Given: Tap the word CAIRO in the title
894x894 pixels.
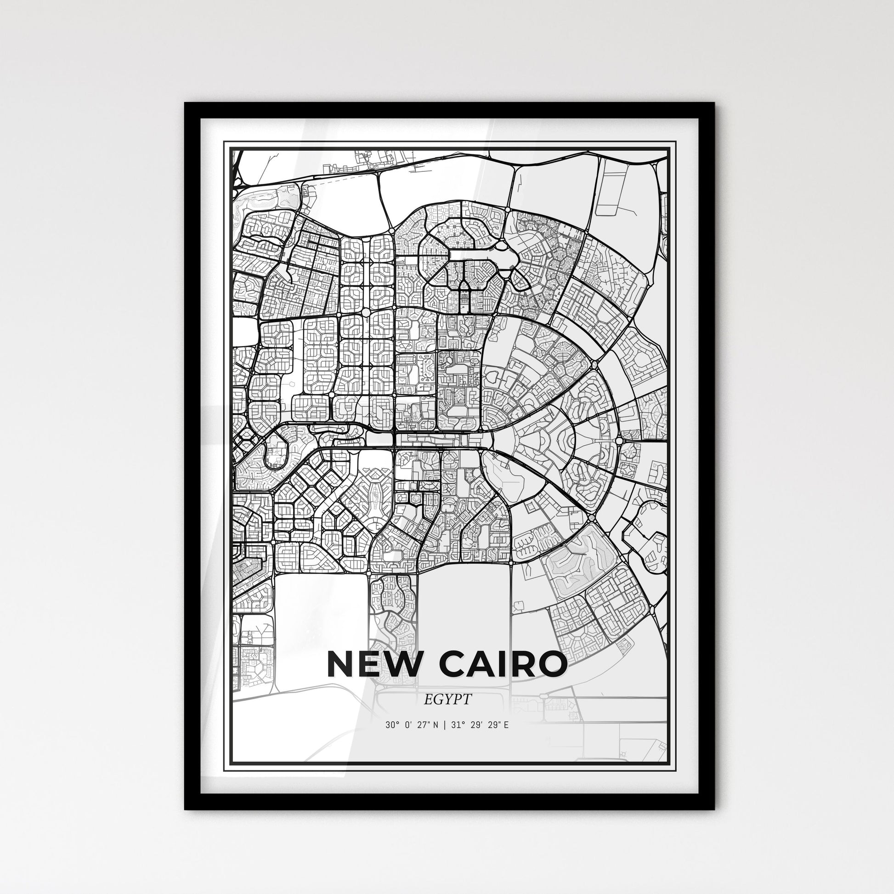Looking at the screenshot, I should pos(503,663).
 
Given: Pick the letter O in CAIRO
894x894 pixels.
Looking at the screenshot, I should pos(550,663).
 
